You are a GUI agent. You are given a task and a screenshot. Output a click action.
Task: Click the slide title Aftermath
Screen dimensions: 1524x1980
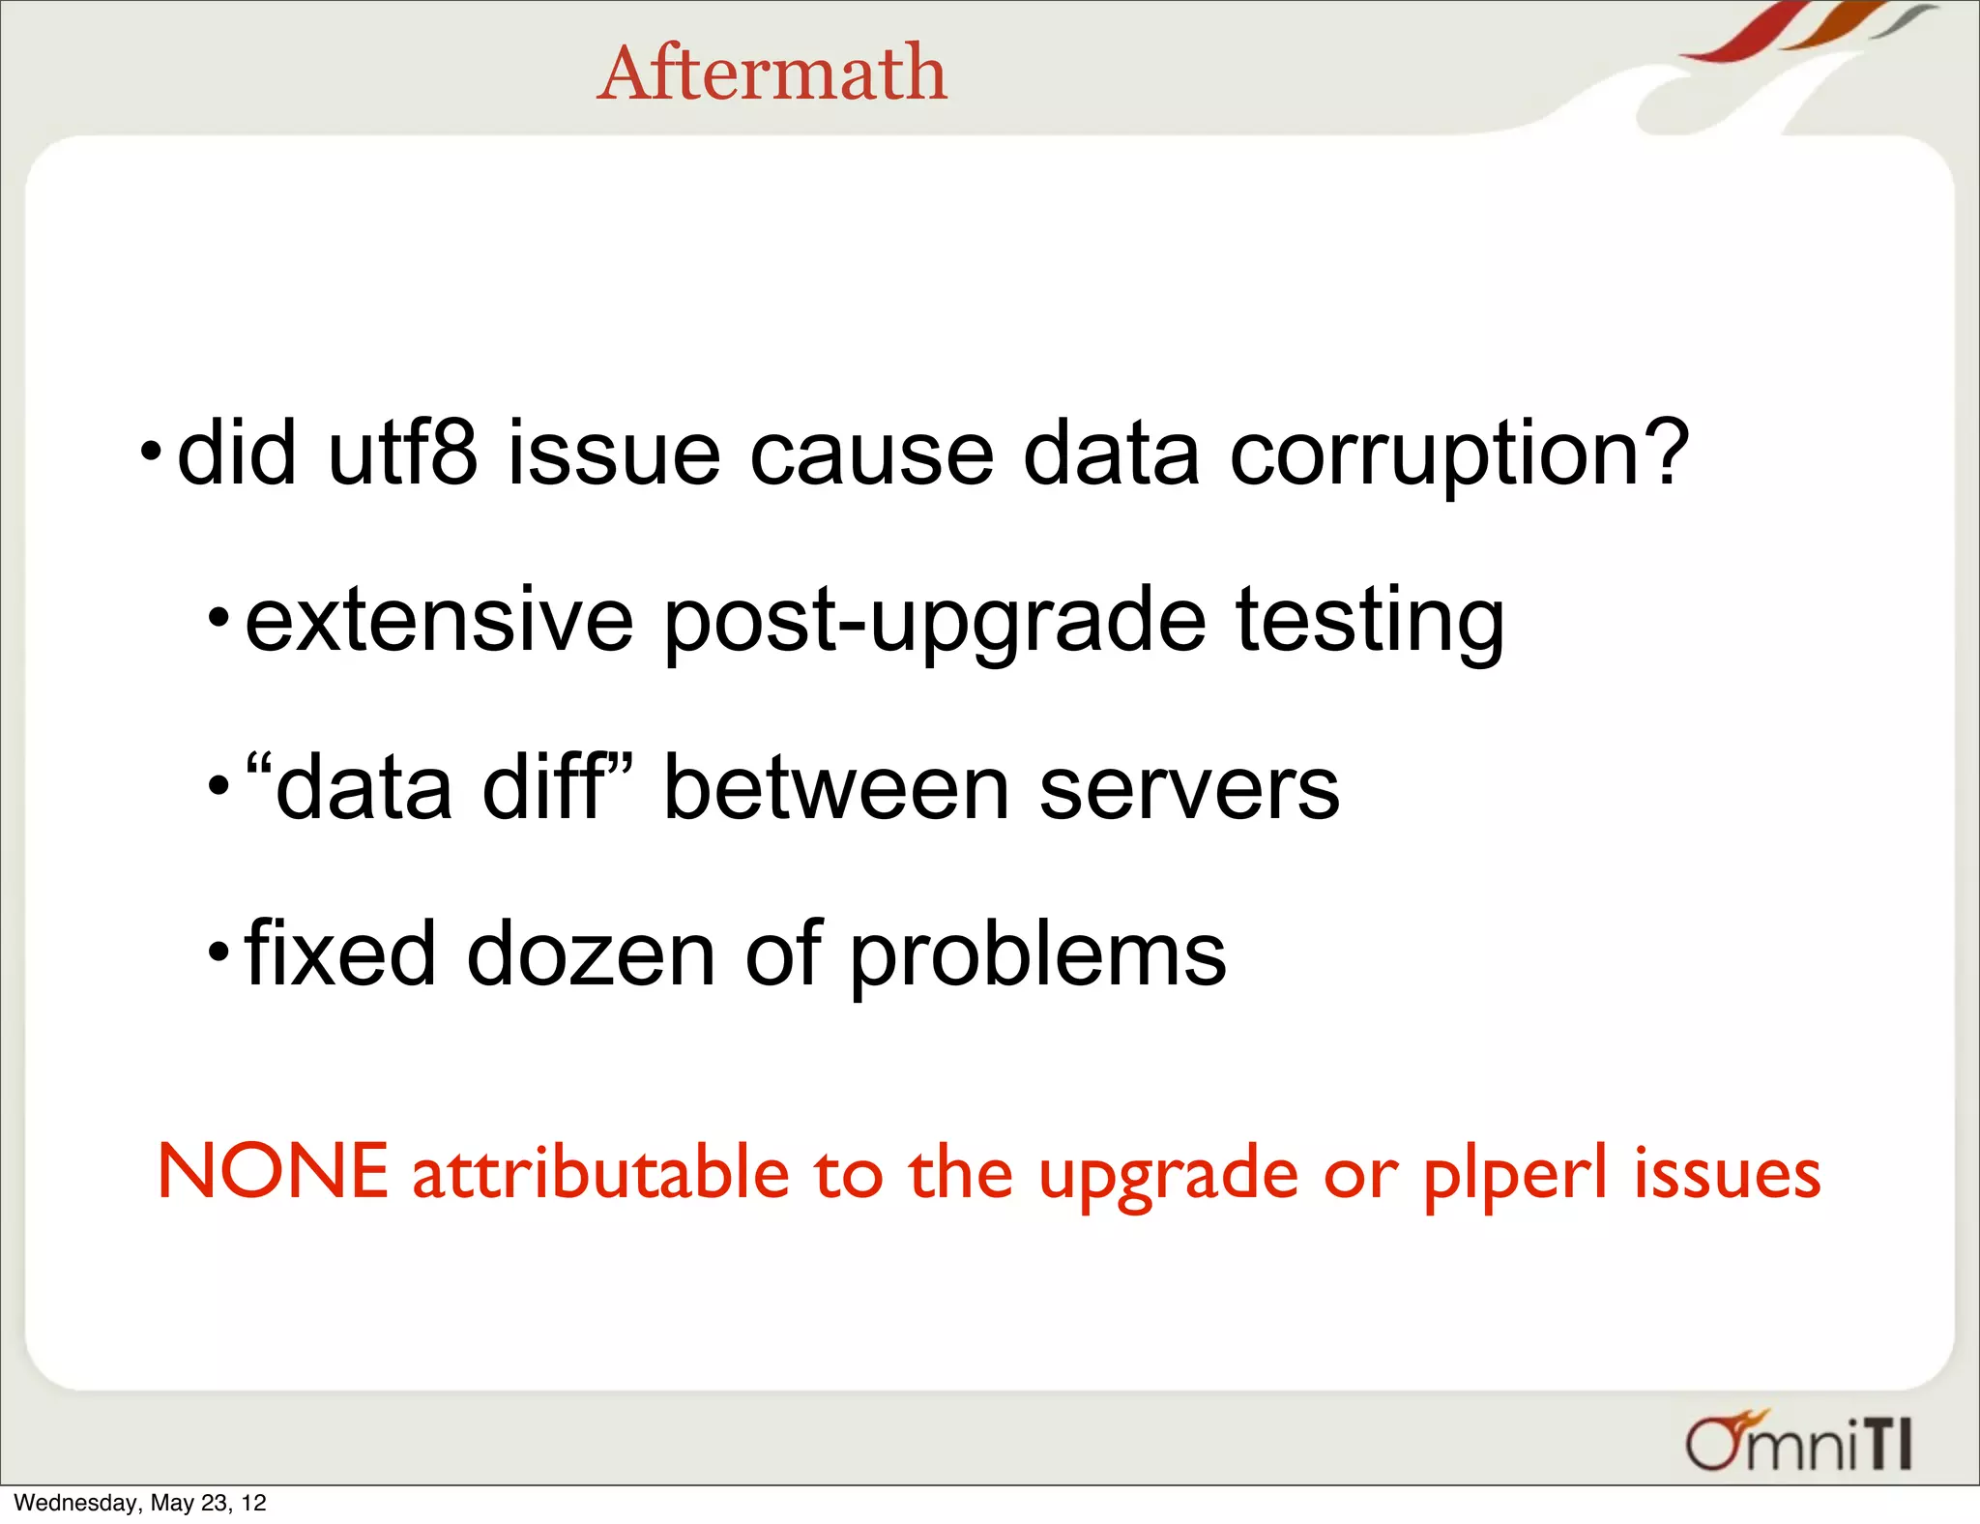(x=772, y=73)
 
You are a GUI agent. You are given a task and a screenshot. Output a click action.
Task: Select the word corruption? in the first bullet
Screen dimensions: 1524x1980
(x=1459, y=454)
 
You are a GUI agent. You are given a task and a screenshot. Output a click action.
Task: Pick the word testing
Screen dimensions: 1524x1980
(x=1370, y=622)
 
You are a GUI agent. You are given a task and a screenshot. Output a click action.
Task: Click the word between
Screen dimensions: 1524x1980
(x=837, y=788)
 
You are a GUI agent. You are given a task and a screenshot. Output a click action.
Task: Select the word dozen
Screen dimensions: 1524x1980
(x=591, y=954)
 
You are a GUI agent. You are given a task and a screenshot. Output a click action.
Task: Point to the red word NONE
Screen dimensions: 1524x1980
(x=273, y=1171)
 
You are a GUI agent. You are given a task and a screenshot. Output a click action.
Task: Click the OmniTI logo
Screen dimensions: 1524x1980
(x=1799, y=1443)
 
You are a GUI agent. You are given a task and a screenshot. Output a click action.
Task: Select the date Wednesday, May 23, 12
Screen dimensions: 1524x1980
(x=140, y=1503)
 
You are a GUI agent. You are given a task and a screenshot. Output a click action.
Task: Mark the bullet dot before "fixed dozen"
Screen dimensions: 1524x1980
(x=218, y=953)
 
